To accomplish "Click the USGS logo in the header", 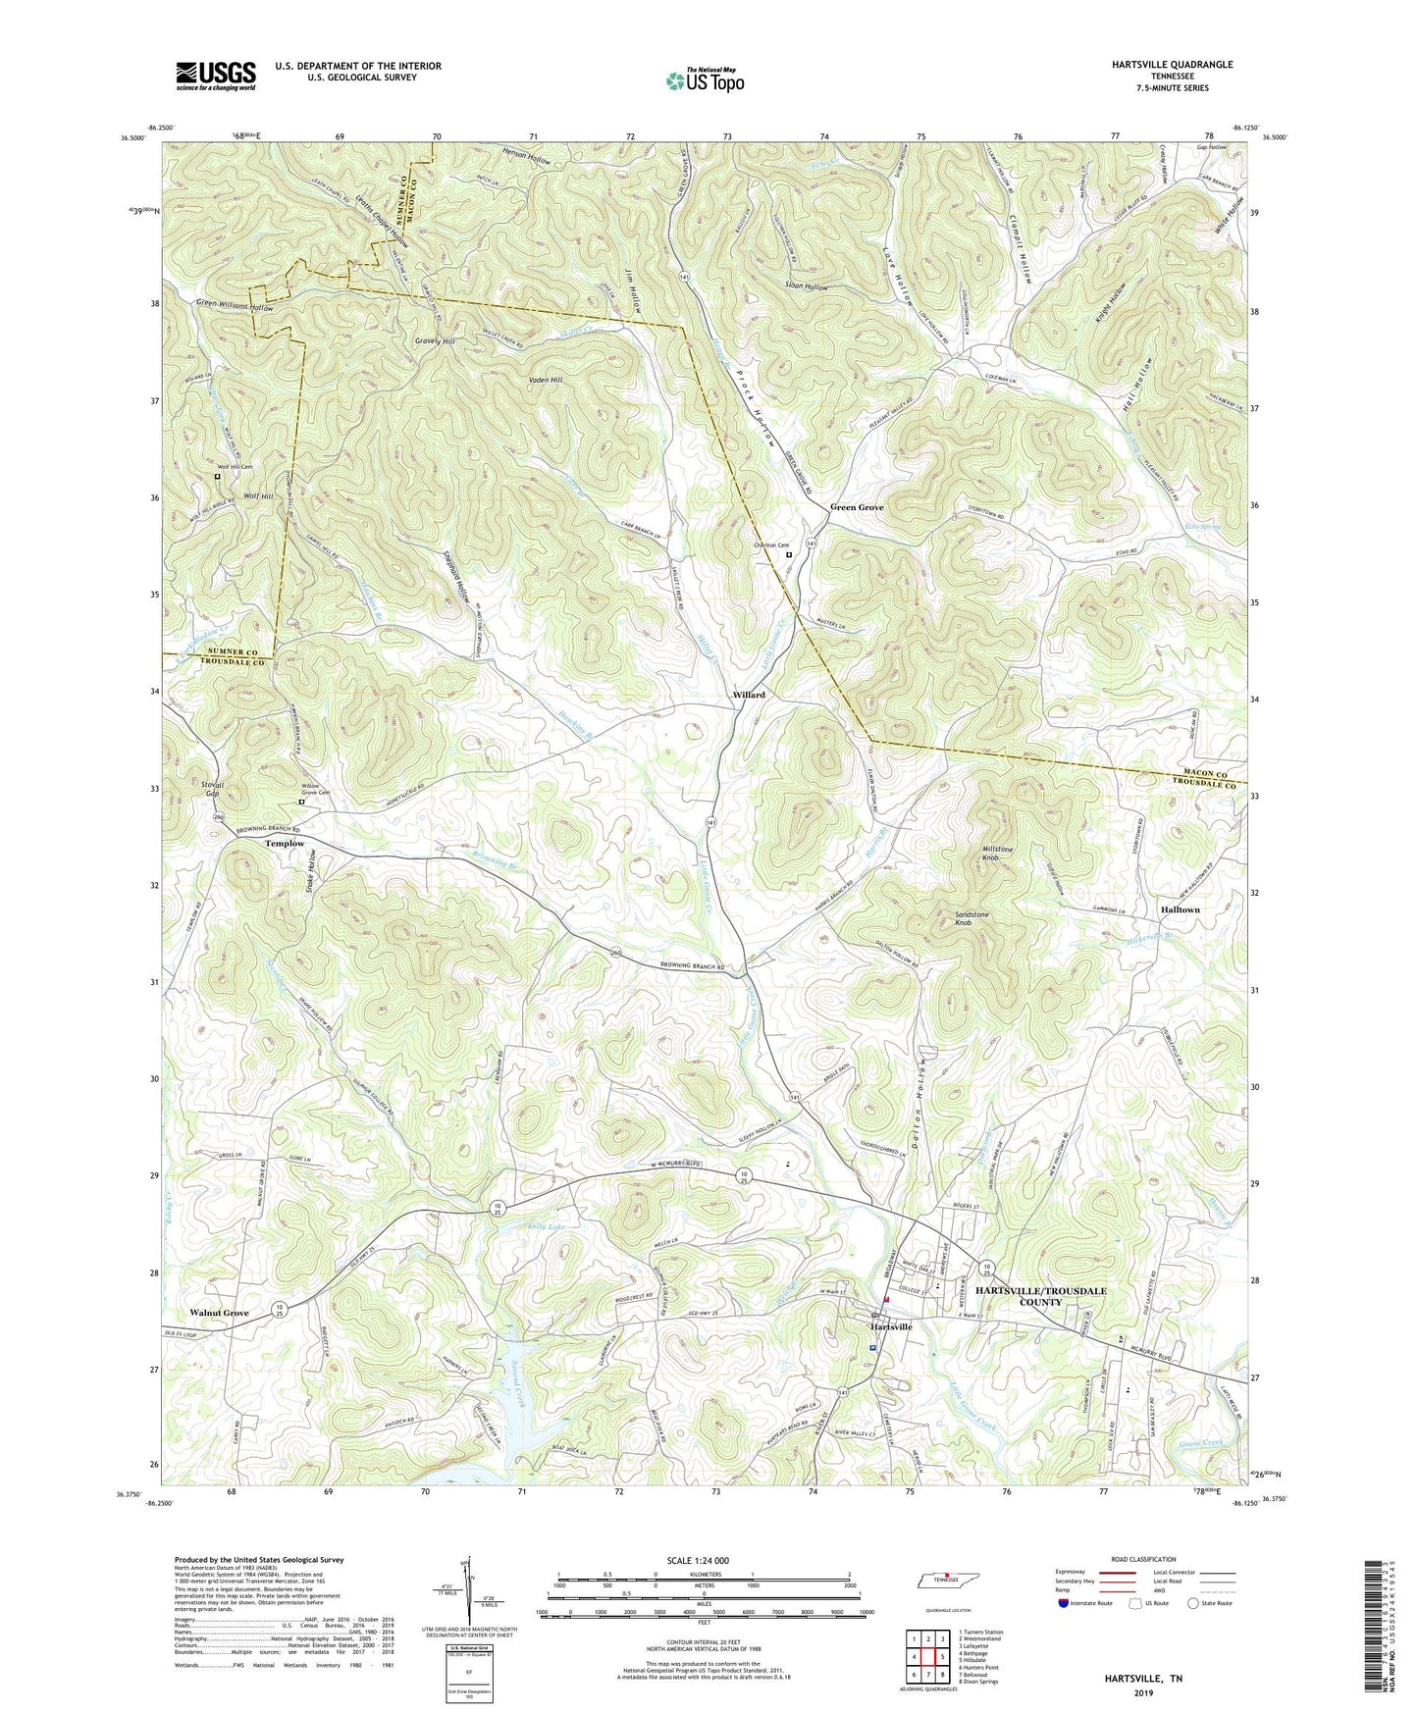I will (216, 75).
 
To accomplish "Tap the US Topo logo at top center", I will (704, 80).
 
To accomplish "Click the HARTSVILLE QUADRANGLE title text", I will (1171, 65).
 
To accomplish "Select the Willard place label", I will (749, 695).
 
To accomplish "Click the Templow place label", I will (284, 844).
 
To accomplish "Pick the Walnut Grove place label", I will (219, 1313).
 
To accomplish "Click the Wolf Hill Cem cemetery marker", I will (218, 477).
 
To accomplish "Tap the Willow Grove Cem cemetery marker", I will (302, 802).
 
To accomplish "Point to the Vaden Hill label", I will (544, 380).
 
